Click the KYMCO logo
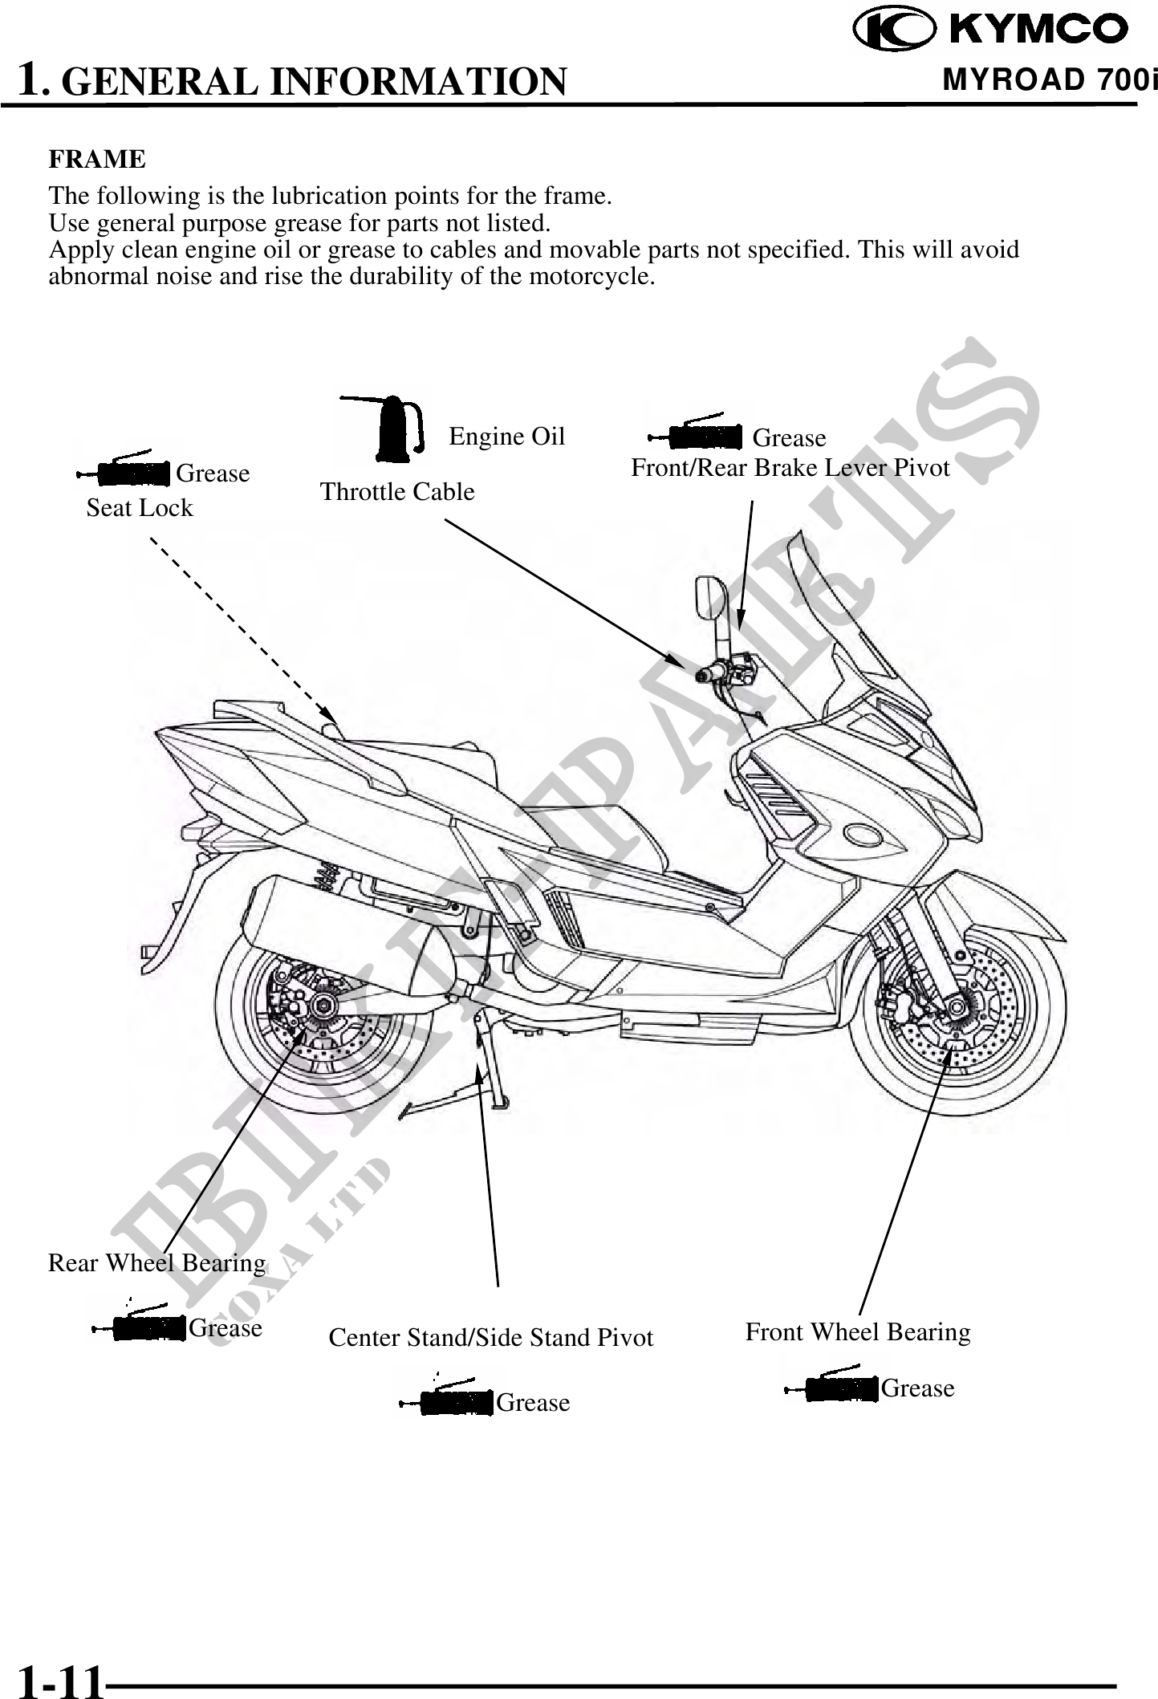[x=989, y=30]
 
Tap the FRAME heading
[x=97, y=159]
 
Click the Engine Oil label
[x=506, y=436]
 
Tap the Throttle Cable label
[x=397, y=491]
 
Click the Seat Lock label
[x=140, y=507]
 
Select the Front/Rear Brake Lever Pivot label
[x=790, y=467]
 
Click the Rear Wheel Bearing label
[x=156, y=1262]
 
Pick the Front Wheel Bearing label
[x=857, y=1331]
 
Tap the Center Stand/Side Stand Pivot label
[x=491, y=1337]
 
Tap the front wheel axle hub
[x=956, y=1005]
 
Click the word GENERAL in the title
[x=159, y=82]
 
